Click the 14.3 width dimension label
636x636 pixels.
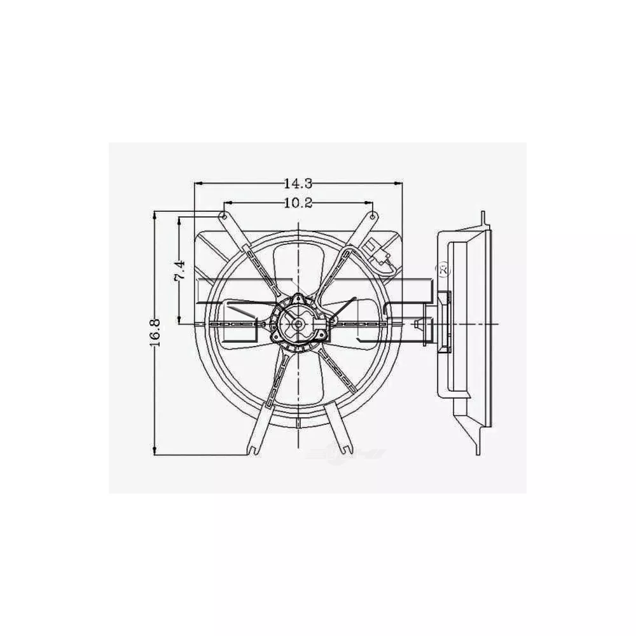click(x=298, y=184)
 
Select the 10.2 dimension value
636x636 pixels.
click(x=298, y=203)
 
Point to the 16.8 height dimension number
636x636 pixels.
click(x=155, y=333)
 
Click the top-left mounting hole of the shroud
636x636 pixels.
click(x=223, y=216)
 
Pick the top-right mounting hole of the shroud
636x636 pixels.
click(x=373, y=216)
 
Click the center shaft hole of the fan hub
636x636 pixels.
click(x=298, y=324)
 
